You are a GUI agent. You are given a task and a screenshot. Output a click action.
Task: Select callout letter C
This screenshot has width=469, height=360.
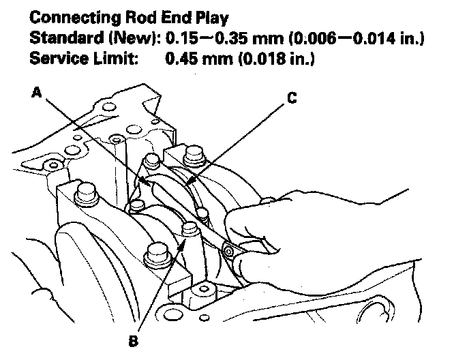pos(291,97)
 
